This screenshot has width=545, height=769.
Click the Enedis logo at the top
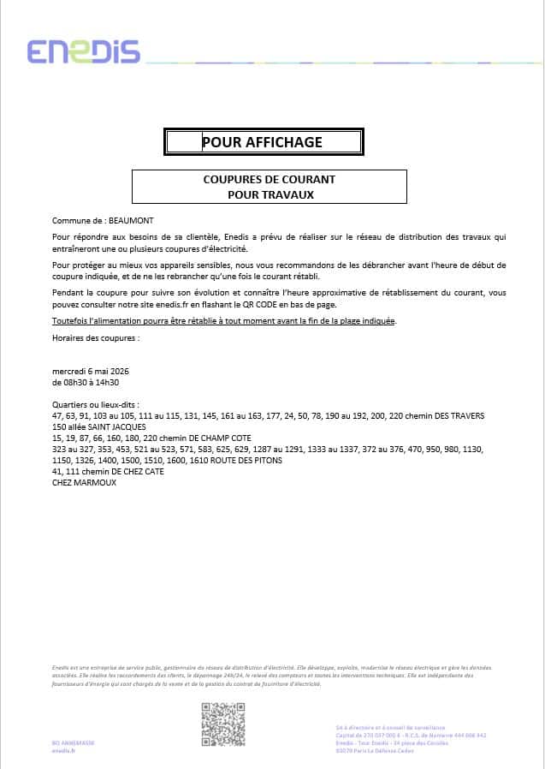pos(83,51)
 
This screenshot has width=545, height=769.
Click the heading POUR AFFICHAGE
pos(262,142)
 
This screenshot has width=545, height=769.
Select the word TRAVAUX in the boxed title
pos(291,194)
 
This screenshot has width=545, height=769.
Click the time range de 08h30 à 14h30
pos(86,382)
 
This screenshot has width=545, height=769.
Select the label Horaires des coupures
pos(95,337)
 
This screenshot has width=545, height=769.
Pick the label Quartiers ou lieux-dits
pos(95,404)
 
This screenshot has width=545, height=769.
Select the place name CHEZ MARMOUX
pos(84,482)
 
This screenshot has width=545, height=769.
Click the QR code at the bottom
pos(222,724)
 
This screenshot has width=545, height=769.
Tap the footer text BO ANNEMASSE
pos(74,742)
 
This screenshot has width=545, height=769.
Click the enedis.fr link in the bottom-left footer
pos(64,750)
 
